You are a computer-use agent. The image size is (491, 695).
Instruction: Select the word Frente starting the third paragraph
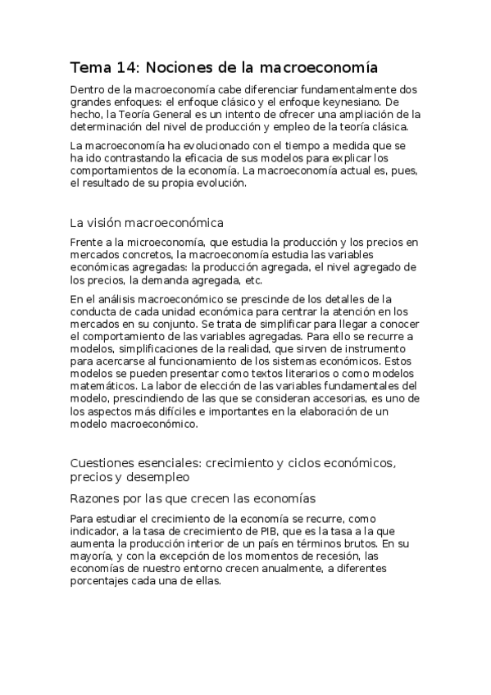tap(86, 242)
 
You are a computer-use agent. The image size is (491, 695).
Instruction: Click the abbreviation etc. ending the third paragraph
tap(254, 279)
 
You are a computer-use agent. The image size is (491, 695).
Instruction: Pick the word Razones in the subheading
tap(96, 498)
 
